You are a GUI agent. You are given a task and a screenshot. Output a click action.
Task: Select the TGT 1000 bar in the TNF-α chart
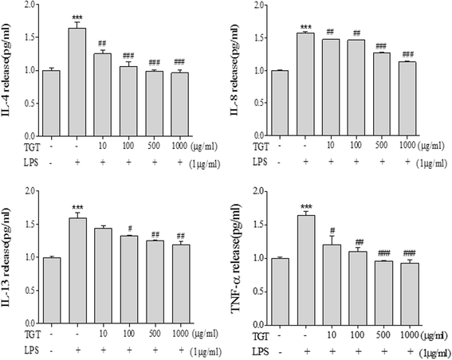coord(409,294)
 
